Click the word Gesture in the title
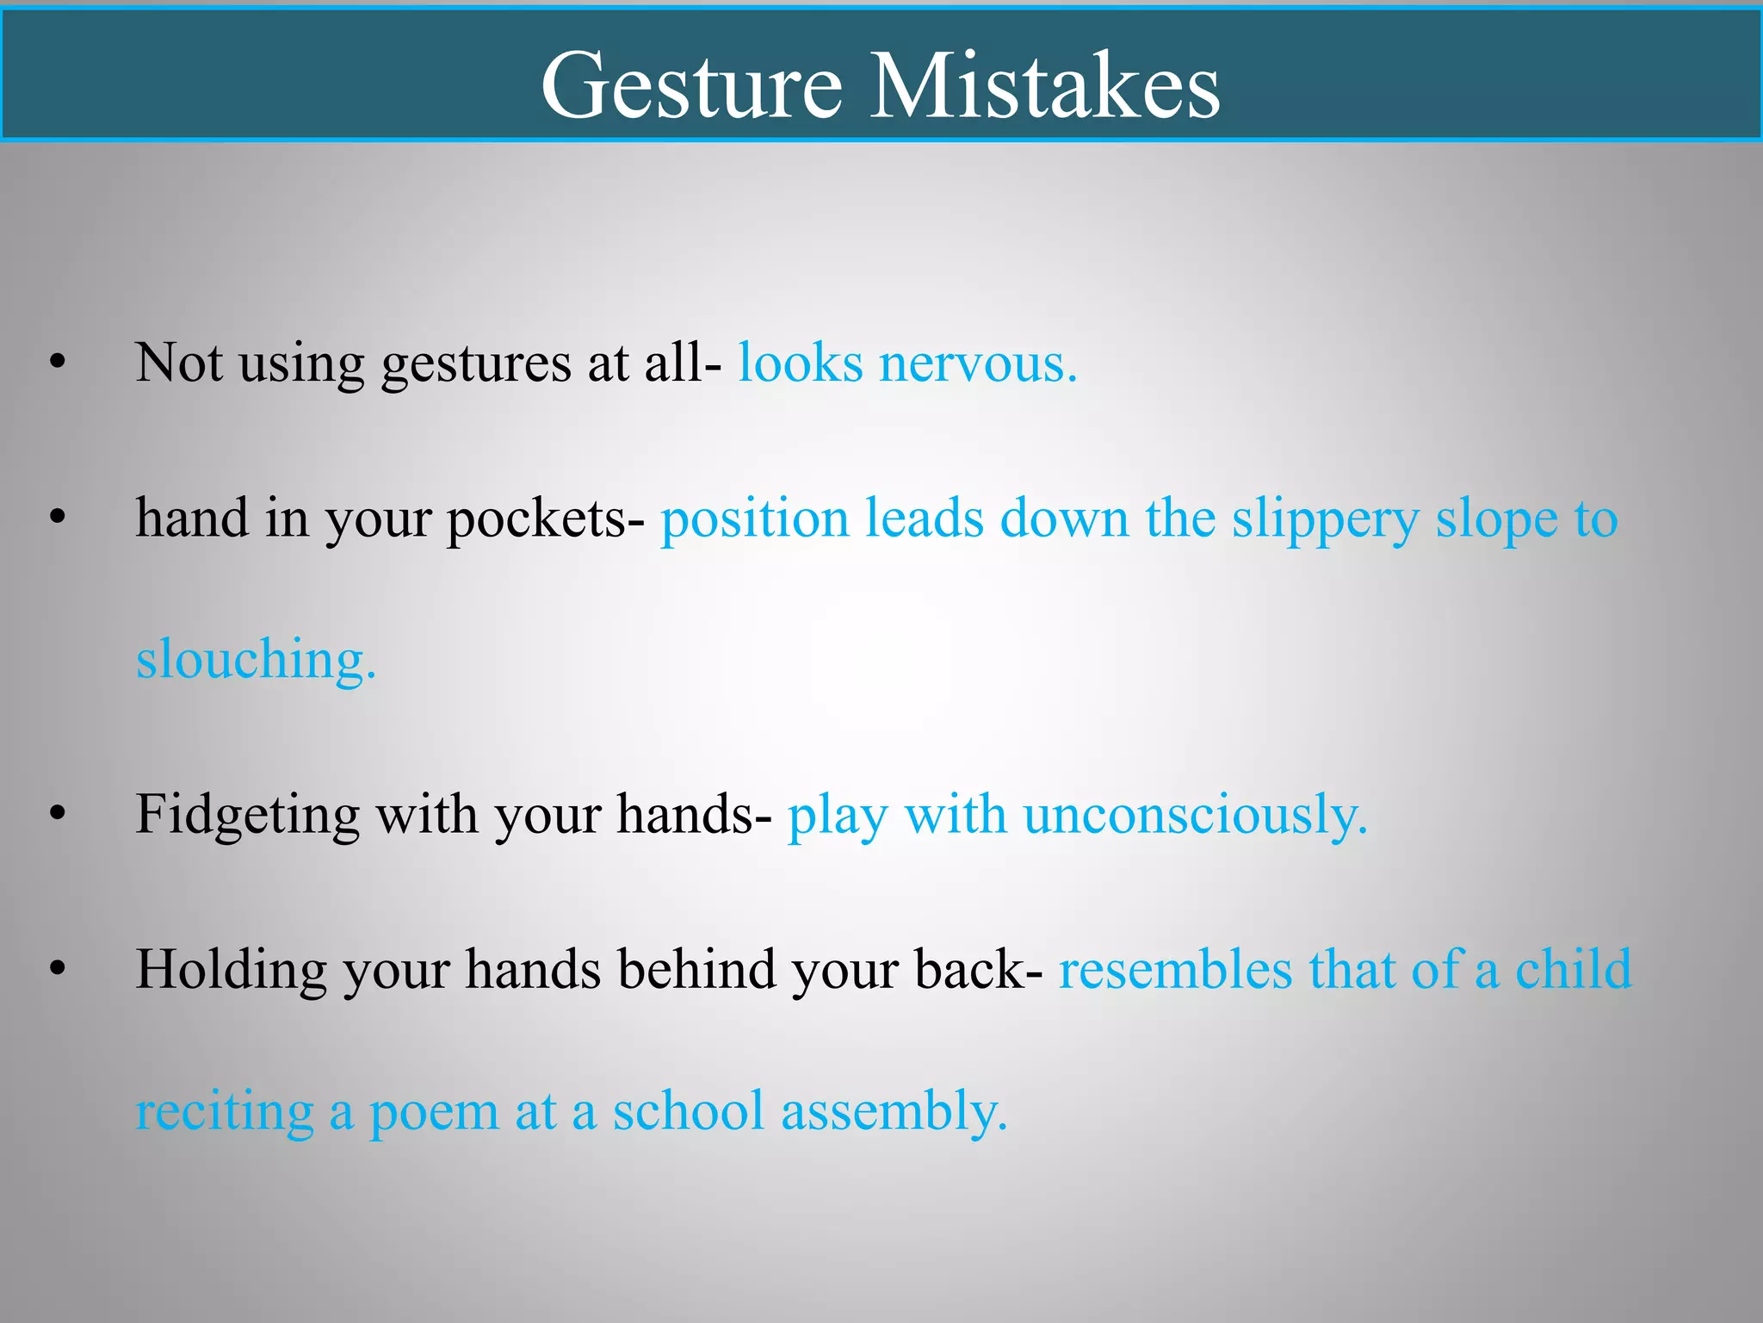pyautogui.click(x=691, y=86)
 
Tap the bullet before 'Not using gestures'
pyautogui.click(x=58, y=363)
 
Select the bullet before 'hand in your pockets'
pyautogui.click(x=58, y=519)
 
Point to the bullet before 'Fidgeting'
pyautogui.click(x=58, y=814)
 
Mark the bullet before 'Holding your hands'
pyautogui.click(x=58, y=969)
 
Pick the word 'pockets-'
pyautogui.click(x=545, y=520)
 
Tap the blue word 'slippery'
pyautogui.click(x=1325, y=520)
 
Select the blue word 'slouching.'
pyautogui.click(x=256, y=660)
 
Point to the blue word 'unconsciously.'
pyautogui.click(x=1195, y=816)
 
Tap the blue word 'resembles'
pyautogui.click(x=1175, y=970)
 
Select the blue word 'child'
pyautogui.click(x=1573, y=970)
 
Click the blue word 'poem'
pyautogui.click(x=434, y=1113)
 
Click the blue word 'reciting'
pyautogui.click(x=225, y=1113)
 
